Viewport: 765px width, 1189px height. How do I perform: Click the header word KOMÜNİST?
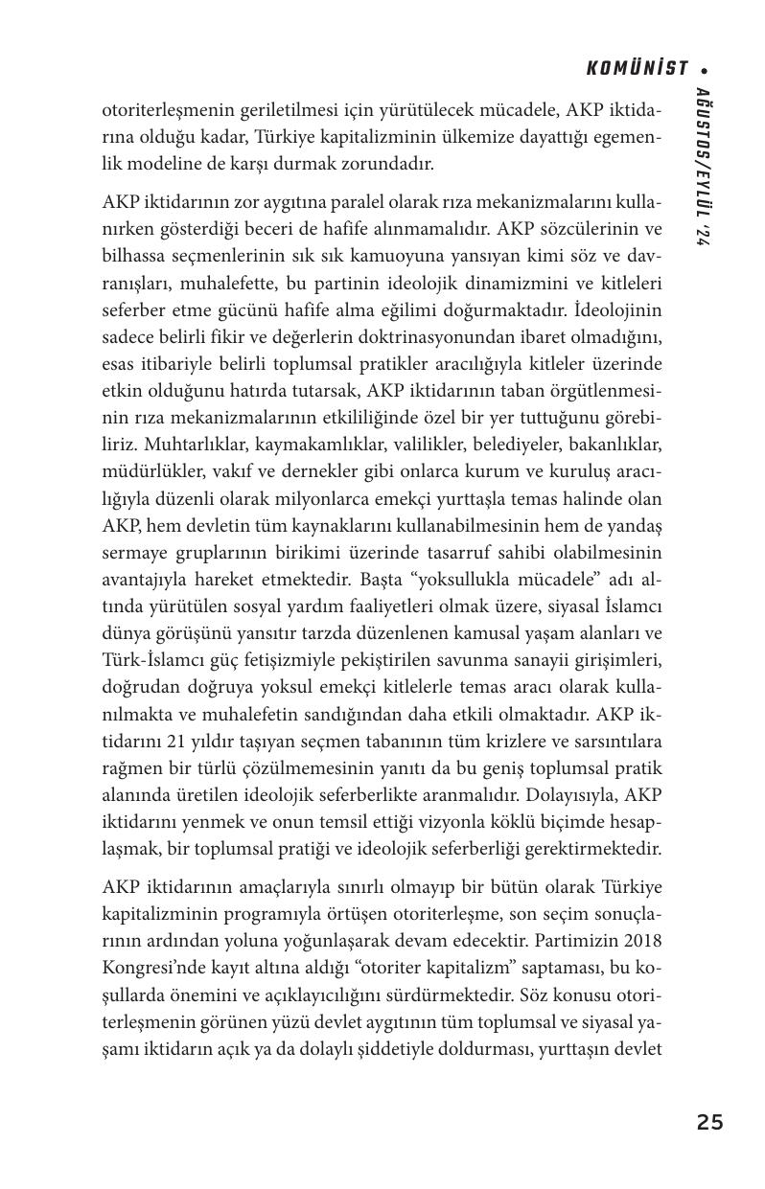click(x=637, y=69)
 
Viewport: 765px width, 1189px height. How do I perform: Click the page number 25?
click(x=709, y=1122)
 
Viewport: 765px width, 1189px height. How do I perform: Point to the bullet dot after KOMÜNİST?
click(x=705, y=70)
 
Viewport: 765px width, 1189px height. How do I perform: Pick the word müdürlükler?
click(x=148, y=472)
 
